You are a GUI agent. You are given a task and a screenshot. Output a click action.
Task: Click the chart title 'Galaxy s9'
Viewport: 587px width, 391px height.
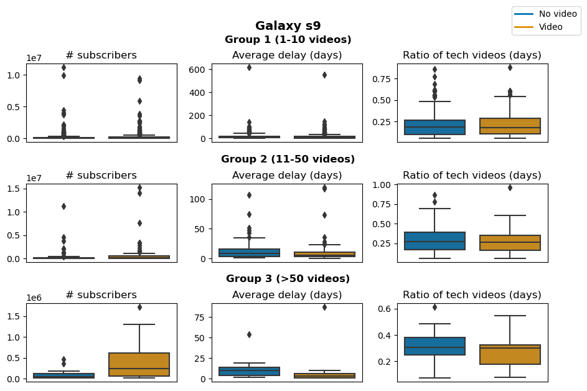pos(288,26)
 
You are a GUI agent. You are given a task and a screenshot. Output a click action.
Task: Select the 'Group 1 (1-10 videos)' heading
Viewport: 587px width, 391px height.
pos(288,40)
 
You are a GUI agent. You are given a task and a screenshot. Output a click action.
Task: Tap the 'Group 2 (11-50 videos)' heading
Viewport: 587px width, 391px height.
pos(288,159)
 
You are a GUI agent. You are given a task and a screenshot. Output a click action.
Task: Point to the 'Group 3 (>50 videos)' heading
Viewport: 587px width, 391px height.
pos(288,279)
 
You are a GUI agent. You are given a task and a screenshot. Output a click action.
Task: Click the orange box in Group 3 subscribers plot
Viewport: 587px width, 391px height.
pos(139,364)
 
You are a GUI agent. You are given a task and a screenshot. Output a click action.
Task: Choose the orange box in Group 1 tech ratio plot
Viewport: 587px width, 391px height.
pos(510,126)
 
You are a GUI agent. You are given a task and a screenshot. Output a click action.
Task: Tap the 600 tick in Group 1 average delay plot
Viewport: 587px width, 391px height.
pos(199,69)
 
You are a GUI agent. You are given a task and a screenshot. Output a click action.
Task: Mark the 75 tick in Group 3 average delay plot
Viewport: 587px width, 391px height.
pos(201,317)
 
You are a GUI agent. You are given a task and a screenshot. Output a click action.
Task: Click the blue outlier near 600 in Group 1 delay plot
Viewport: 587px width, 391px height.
pos(250,67)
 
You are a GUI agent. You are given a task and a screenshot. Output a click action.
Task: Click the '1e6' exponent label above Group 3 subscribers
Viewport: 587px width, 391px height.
pos(34,298)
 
